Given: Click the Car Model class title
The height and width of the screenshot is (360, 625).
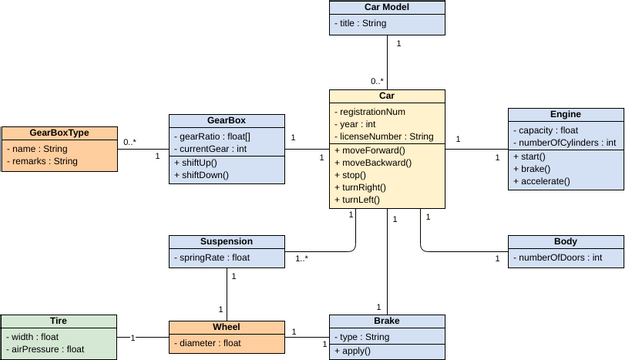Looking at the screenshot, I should click(x=387, y=8).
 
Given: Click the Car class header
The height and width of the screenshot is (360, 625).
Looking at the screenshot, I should click(x=387, y=96).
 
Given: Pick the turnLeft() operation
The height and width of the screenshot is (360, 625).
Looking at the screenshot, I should click(x=361, y=200).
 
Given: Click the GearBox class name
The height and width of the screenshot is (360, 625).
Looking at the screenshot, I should click(x=226, y=120).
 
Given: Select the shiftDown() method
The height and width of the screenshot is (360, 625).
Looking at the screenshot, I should click(x=204, y=175).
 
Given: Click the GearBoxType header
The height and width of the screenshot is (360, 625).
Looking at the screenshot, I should click(x=59, y=133).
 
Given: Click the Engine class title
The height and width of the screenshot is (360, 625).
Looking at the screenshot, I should click(x=565, y=114).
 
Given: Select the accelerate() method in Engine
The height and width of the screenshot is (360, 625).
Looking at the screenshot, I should click(x=545, y=181).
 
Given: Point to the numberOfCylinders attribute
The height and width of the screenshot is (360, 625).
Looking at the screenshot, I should click(x=566, y=143).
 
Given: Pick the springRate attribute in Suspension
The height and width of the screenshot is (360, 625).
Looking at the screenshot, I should click(x=213, y=258).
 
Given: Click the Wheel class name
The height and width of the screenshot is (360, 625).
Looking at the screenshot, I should click(x=226, y=327).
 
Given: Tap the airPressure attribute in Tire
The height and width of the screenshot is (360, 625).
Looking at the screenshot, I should click(x=47, y=349).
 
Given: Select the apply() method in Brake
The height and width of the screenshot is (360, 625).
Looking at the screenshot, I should click(x=355, y=352).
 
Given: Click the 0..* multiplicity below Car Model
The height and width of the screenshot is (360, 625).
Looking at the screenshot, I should click(x=377, y=81).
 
